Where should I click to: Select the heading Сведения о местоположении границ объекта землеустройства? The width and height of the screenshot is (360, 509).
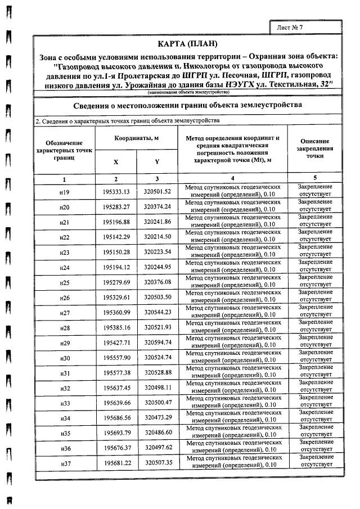coord(188,105)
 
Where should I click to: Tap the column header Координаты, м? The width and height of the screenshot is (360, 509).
coord(136,138)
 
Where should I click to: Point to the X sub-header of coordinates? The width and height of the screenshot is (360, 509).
coord(116,162)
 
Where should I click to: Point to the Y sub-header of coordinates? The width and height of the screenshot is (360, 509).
coord(157,162)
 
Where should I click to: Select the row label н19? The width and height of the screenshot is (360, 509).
coord(64,192)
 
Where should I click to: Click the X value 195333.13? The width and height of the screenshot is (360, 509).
coord(116,192)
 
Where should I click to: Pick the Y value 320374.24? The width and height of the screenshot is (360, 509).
coord(157,208)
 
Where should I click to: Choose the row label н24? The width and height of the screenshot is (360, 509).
coord(64,267)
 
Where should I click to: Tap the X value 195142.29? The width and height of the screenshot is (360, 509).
coord(116,237)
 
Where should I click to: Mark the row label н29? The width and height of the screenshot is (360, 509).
coord(64,343)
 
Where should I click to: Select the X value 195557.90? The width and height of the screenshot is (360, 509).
coord(116,358)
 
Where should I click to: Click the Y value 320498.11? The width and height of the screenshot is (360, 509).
coord(157,388)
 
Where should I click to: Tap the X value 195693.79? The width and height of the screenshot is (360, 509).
coord(116,433)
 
